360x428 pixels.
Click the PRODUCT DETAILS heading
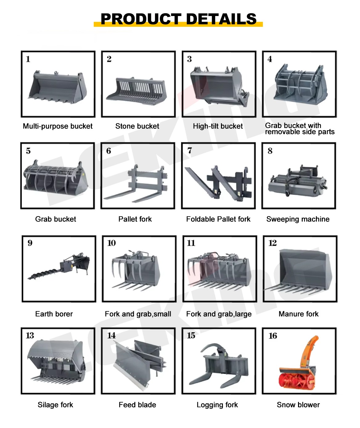tap(178, 19)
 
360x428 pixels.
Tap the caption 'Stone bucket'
tap(137, 126)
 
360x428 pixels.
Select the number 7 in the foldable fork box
tap(190, 150)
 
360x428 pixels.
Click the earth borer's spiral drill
tap(44, 274)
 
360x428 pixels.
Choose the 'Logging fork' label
tap(217, 405)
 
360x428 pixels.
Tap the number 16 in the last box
tap(272, 336)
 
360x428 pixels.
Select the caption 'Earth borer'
tap(54, 314)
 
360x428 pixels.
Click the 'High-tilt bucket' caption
tap(218, 126)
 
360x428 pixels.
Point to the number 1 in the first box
tap(28, 59)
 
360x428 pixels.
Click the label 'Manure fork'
tap(298, 314)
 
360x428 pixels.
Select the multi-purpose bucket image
tap(58, 87)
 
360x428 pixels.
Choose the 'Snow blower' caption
tap(298, 405)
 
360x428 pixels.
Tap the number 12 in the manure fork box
tap(272, 243)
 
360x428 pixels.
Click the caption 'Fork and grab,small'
tap(138, 314)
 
